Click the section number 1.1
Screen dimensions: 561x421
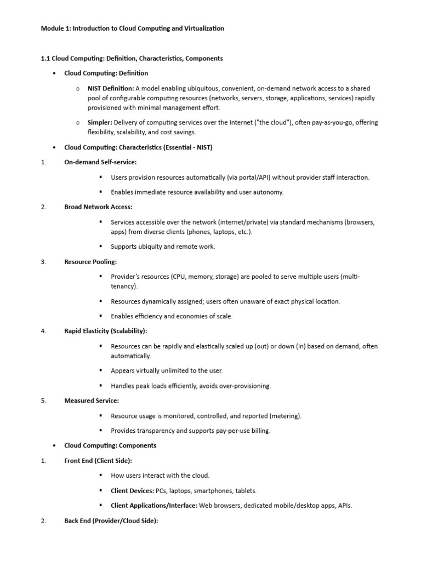coord(46,58)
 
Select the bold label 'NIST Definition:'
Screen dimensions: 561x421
coord(111,88)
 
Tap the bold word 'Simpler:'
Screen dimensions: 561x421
coord(100,122)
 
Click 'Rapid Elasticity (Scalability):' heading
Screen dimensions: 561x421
coord(106,331)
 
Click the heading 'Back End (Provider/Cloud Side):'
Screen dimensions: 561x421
coord(111,521)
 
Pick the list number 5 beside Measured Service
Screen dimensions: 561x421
coord(43,401)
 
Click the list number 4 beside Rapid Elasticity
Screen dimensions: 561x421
coord(43,331)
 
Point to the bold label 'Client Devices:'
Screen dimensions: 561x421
coord(132,491)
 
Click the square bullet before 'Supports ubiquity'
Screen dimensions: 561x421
coord(101,246)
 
